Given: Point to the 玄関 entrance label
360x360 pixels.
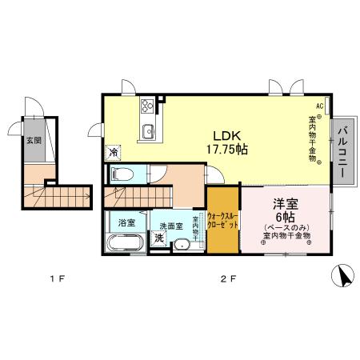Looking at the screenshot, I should click(x=33, y=140).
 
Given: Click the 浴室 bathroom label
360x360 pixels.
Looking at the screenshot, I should click(x=126, y=222).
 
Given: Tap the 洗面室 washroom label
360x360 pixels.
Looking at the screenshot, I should click(x=170, y=226).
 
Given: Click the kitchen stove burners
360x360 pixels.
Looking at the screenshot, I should click(x=148, y=105).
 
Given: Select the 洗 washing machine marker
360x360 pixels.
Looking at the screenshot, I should click(x=159, y=238).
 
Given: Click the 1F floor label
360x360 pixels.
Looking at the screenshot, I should click(x=55, y=279).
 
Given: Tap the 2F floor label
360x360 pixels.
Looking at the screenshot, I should click(x=229, y=279).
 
